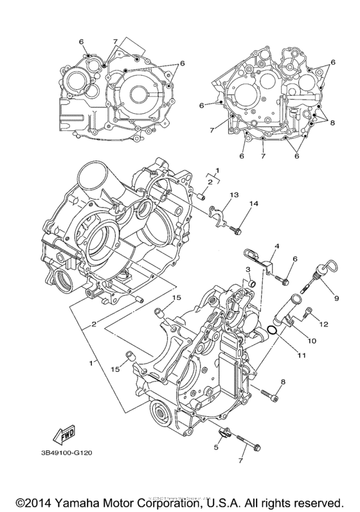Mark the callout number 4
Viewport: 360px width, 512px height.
pos(277,247)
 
